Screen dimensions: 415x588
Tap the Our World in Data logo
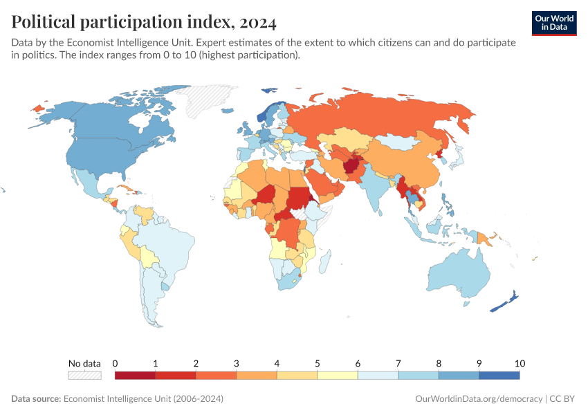point(554,23)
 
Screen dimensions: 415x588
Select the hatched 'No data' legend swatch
point(84,375)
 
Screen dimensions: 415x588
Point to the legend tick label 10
point(520,363)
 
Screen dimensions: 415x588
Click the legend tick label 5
point(318,363)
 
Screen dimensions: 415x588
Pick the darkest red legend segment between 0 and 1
point(135,375)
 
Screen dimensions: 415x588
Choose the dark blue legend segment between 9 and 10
point(499,375)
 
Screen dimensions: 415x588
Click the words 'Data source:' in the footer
point(36,399)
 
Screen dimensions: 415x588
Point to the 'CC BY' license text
point(563,399)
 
